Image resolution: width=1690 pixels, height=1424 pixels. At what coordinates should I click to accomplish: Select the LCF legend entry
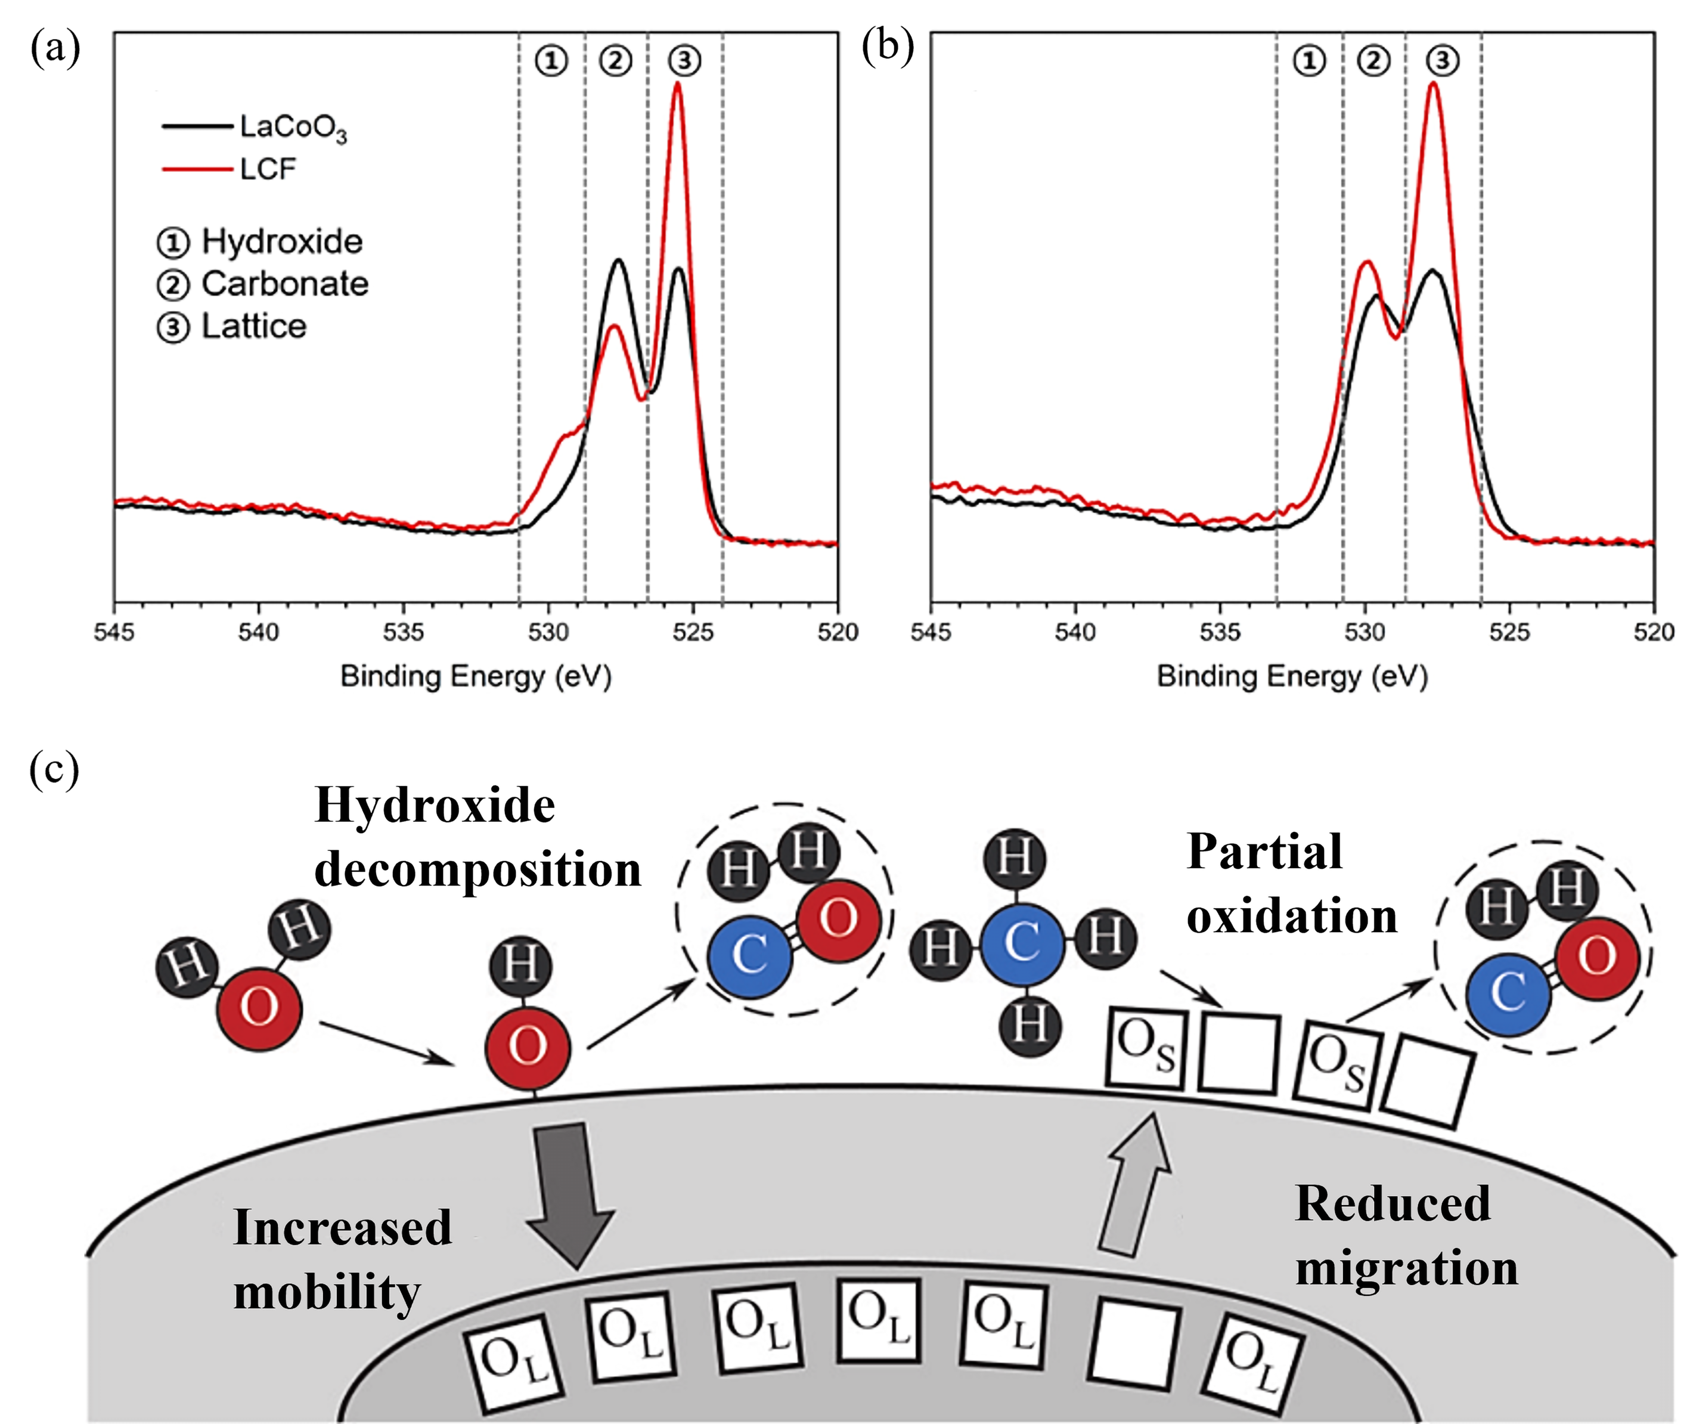(267, 169)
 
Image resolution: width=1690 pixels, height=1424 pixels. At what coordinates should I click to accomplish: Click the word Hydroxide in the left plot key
(281, 242)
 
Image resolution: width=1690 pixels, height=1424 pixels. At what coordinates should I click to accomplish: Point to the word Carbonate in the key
(284, 284)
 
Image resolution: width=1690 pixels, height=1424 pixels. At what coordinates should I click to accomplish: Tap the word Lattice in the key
(253, 327)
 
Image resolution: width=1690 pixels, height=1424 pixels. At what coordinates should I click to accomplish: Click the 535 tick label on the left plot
(403, 632)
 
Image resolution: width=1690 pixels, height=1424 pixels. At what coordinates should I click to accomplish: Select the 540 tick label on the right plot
(1074, 632)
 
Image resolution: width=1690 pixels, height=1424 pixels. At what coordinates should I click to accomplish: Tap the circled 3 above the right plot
(1442, 61)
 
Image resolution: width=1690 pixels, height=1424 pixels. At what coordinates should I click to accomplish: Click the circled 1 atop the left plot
(551, 61)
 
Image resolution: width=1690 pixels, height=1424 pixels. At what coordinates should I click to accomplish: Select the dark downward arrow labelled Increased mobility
(570, 1195)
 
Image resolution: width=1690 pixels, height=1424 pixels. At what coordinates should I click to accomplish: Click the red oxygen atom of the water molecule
(259, 1007)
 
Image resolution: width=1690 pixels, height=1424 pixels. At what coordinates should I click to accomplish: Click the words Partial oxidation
(1291, 884)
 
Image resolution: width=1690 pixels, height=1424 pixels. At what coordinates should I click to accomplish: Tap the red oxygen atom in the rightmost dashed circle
(1596, 958)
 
